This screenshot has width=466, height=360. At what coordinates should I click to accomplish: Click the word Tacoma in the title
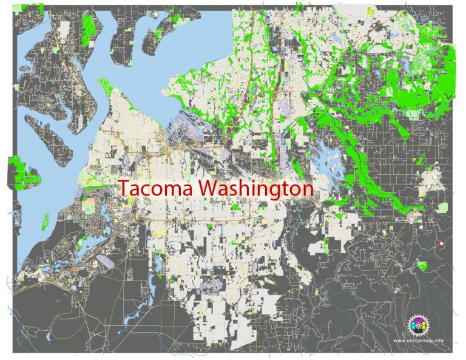coord(157,188)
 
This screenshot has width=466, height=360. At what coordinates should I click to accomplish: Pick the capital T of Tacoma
coord(124,188)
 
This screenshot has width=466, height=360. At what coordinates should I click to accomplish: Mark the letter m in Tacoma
coord(170,190)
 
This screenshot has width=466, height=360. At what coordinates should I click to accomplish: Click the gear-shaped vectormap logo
coord(417,325)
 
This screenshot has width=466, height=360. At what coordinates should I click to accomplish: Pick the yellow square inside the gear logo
coord(414,329)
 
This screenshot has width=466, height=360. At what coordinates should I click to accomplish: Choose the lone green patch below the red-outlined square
coord(422,265)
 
